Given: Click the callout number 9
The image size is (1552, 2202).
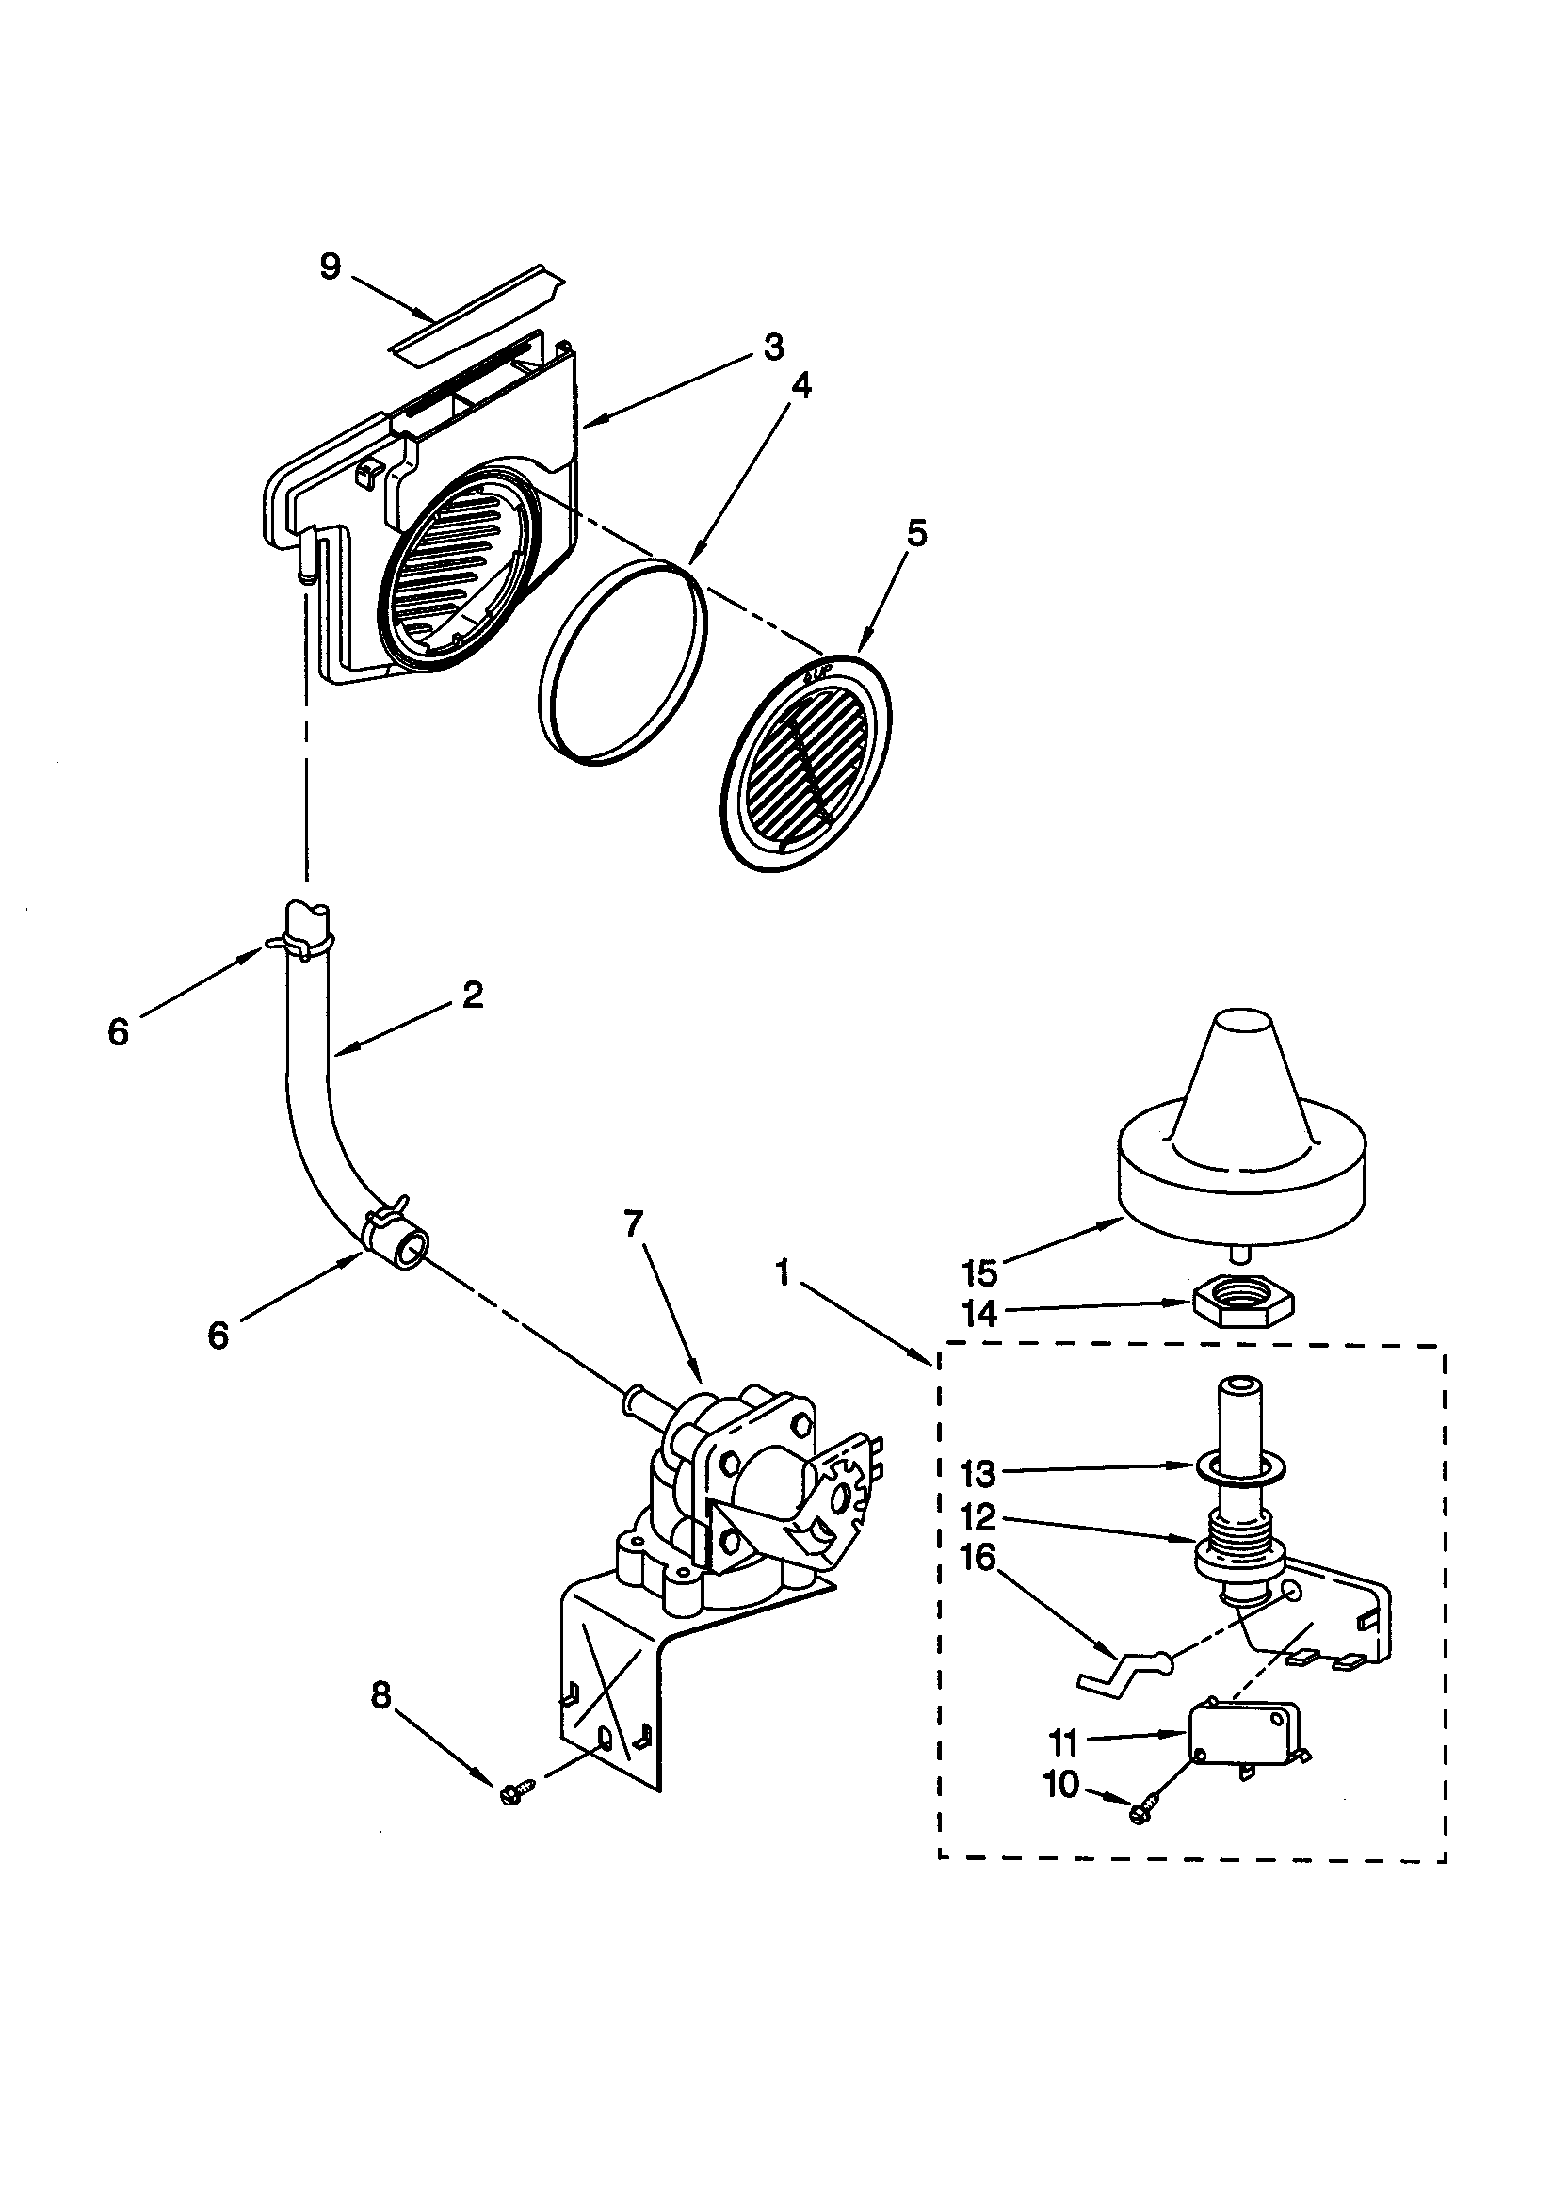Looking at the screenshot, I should (330, 267).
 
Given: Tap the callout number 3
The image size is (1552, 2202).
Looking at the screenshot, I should (773, 347).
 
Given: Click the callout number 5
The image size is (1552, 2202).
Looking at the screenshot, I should (917, 534).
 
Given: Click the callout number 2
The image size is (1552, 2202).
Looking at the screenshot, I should (472, 996).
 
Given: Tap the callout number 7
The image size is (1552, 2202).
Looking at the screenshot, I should (633, 1223).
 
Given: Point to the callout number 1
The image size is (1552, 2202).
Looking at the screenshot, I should (784, 1273).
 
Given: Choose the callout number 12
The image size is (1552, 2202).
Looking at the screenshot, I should (977, 1518).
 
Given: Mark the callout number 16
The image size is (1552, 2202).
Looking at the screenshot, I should (977, 1562).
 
